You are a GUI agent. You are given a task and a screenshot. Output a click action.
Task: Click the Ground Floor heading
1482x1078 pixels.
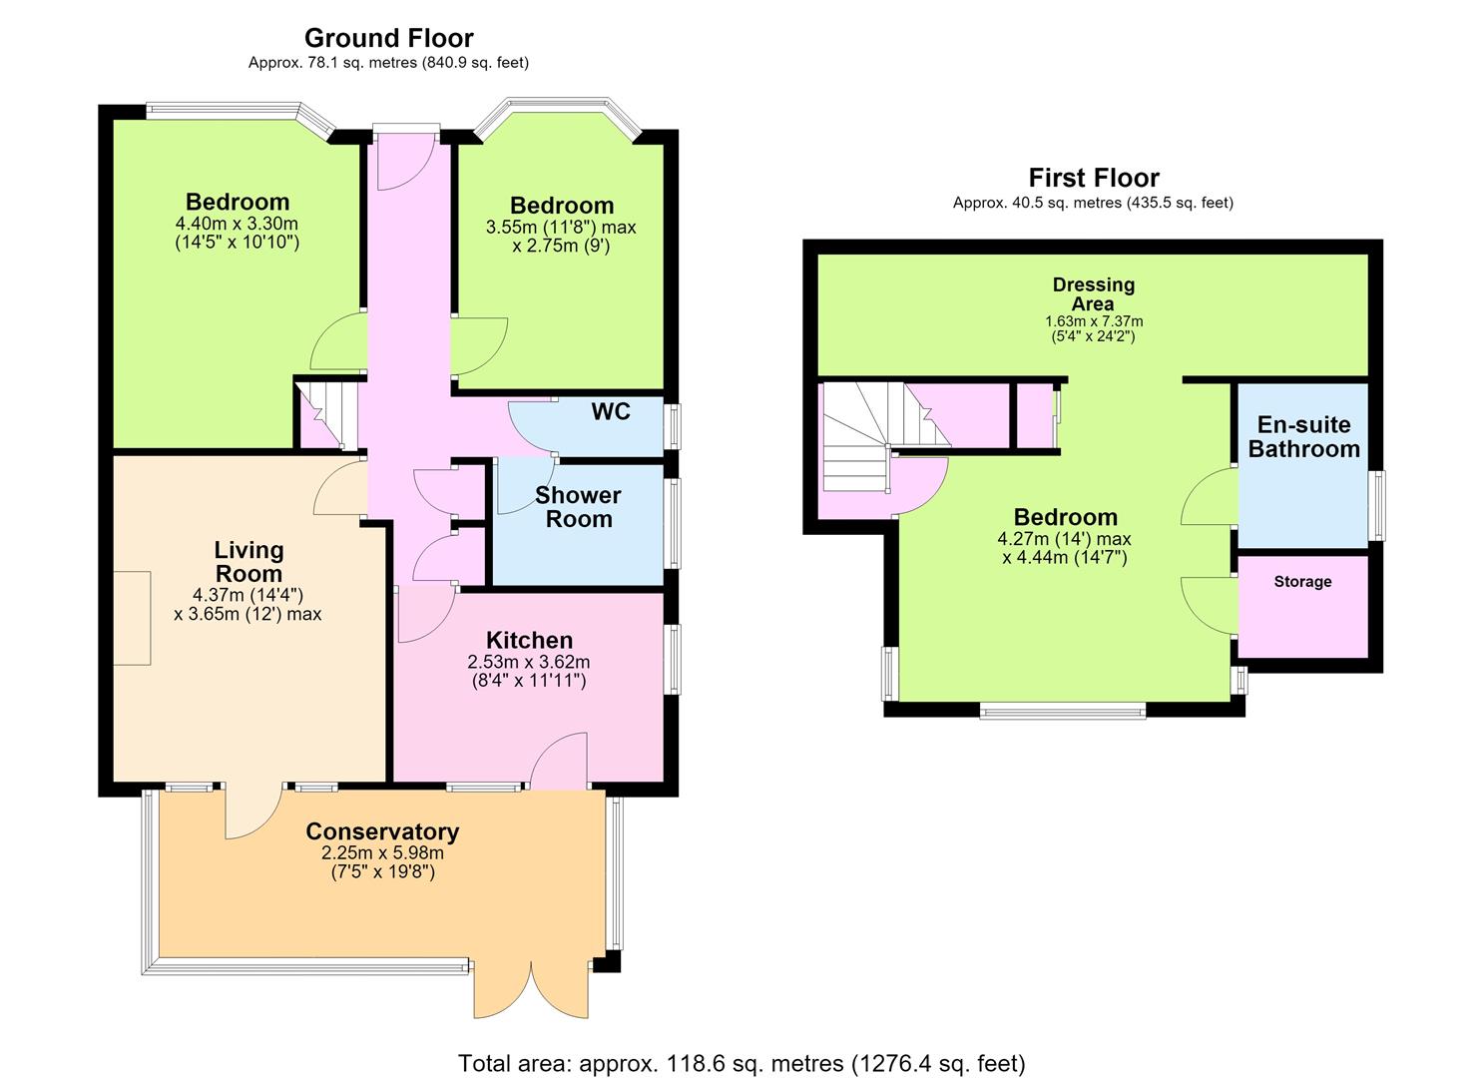(x=389, y=38)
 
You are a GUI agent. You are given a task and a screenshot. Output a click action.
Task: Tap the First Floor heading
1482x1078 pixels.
(x=1094, y=178)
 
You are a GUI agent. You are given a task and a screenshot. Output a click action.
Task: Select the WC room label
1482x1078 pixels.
(x=611, y=411)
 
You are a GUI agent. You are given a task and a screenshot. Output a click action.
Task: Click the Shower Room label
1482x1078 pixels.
(x=578, y=507)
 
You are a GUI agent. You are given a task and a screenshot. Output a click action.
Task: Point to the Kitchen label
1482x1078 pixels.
(x=529, y=640)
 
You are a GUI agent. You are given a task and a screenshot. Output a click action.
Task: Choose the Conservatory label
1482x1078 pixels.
(x=382, y=831)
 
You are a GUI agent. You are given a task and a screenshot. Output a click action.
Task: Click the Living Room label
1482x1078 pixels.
(x=248, y=561)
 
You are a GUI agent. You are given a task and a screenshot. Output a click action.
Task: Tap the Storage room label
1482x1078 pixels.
(x=1302, y=582)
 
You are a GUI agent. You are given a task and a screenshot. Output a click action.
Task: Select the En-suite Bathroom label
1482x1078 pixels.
(x=1303, y=437)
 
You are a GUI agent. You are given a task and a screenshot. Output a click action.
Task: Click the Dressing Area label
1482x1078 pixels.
(x=1094, y=294)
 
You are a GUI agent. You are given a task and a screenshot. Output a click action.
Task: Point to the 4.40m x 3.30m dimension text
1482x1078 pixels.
(x=237, y=223)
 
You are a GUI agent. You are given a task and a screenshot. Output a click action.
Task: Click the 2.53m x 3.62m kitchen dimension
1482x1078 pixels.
(x=529, y=662)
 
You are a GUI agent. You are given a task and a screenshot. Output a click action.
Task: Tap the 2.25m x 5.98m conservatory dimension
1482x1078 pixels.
(x=382, y=852)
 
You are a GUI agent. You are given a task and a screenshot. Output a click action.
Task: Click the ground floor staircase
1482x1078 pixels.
(x=327, y=413)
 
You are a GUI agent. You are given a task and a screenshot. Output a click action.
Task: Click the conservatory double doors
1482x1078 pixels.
(x=531, y=987)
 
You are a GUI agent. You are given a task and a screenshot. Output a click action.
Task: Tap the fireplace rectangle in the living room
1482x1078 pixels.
(x=133, y=618)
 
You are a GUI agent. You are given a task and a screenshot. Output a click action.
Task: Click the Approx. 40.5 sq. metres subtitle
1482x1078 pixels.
(x=1093, y=204)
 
